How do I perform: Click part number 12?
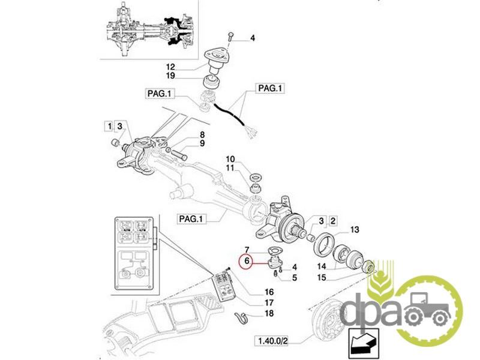(170, 66)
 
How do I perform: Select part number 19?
(170, 76)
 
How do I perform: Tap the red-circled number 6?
(245, 261)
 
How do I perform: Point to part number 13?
(355, 229)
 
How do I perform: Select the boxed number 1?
(108, 126)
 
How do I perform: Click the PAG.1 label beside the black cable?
(270, 88)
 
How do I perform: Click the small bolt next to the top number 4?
(231, 37)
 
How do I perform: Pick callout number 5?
(294, 277)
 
